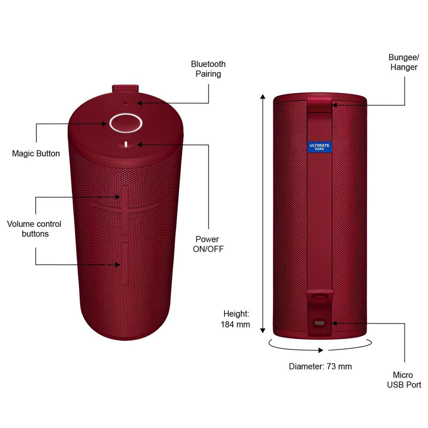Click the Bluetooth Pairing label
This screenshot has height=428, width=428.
(x=208, y=69)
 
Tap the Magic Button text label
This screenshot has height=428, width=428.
(x=36, y=154)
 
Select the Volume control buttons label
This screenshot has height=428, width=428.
(x=34, y=229)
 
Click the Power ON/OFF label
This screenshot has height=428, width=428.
(x=208, y=244)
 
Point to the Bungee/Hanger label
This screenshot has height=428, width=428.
(x=404, y=62)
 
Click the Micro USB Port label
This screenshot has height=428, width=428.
(x=404, y=380)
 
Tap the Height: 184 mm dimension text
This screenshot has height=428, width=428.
(x=235, y=319)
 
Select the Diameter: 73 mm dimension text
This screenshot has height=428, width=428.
(x=320, y=366)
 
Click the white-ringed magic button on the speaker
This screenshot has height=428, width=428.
(x=126, y=123)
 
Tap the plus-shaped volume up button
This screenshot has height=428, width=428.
(x=125, y=209)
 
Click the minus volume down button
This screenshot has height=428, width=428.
(x=125, y=264)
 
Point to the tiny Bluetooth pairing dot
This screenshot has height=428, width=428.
(x=126, y=103)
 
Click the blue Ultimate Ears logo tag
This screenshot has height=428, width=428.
(x=319, y=147)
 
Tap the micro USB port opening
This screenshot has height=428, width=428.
(x=319, y=323)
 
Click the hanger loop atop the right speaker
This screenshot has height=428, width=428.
(x=319, y=104)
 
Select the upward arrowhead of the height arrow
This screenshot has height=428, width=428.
(x=263, y=96)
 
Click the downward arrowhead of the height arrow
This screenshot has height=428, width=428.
(x=263, y=331)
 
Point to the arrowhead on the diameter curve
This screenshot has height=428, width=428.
(x=321, y=350)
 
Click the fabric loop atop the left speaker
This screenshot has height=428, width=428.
(x=125, y=89)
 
